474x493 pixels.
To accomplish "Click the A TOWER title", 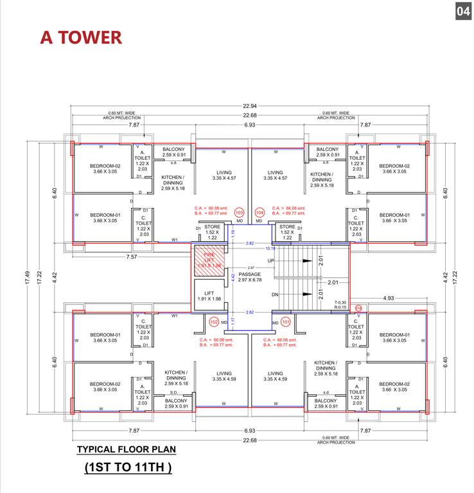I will [81, 37].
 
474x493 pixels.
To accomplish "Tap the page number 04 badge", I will [462, 12].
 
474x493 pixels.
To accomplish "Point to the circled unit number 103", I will [240, 212].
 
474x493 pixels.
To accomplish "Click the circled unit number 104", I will [259, 212].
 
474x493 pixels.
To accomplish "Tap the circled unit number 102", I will [214, 322].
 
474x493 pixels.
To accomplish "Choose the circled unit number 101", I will [286, 322].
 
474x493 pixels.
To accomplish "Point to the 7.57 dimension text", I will [133, 256].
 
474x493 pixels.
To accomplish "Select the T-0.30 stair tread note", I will [340, 302].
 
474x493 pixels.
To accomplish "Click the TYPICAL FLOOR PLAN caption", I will [126, 449].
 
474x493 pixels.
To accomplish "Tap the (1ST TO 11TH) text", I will [128, 468].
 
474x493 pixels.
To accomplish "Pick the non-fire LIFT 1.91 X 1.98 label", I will [208, 296].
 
